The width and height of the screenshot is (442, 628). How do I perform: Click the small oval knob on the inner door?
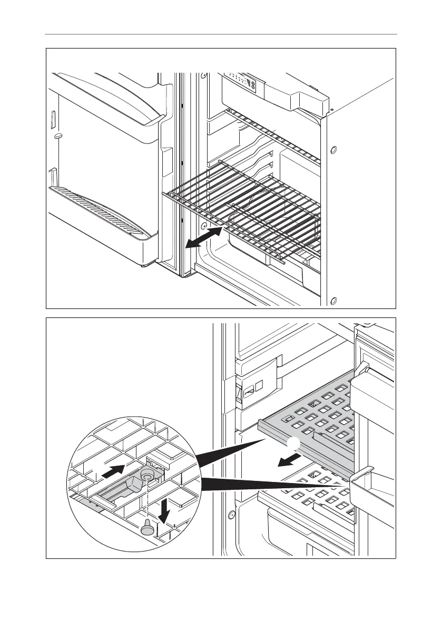[x=58, y=136]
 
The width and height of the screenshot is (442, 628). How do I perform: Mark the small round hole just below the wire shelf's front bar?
[x=203, y=226]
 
